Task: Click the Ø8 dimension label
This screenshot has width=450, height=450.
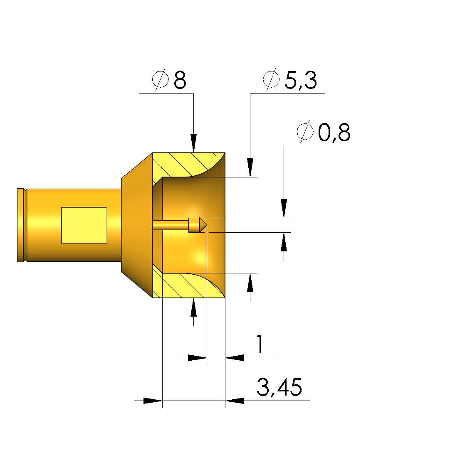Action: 169,79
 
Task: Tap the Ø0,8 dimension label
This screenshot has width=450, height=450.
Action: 323,132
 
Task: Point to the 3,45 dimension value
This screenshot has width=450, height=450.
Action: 279,387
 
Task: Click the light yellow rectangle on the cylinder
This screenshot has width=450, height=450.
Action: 84,225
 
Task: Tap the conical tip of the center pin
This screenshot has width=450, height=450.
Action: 203,225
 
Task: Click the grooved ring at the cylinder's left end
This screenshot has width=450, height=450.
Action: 21,225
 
